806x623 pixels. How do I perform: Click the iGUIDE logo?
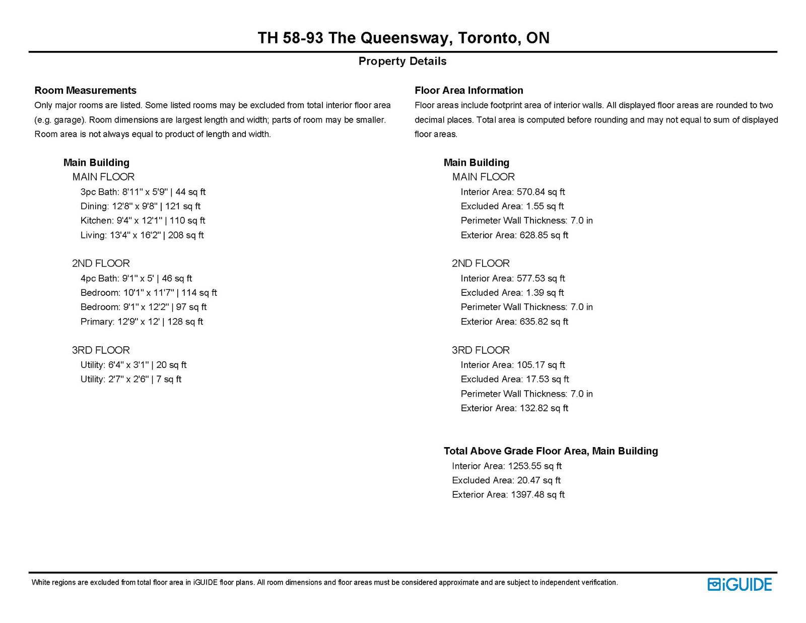(x=740, y=584)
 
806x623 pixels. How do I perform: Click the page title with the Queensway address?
(x=403, y=38)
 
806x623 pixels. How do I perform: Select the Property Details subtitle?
(x=402, y=61)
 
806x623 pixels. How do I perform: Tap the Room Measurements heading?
(x=85, y=90)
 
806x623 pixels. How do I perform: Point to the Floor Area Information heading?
(x=468, y=90)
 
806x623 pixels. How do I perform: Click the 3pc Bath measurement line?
(x=143, y=192)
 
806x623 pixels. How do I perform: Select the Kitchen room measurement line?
(x=143, y=220)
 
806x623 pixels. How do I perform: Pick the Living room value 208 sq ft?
(x=186, y=235)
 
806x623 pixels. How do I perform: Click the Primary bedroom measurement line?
(x=142, y=322)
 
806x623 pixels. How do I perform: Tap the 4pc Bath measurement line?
(x=136, y=278)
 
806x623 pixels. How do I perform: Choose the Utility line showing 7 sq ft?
(x=131, y=379)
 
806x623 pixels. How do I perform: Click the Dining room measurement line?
(x=141, y=206)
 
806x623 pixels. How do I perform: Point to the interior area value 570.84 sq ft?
(x=541, y=192)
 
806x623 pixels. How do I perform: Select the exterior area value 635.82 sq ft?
(x=544, y=322)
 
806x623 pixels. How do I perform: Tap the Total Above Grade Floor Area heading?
(x=551, y=451)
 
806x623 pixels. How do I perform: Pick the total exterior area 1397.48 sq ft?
(x=538, y=494)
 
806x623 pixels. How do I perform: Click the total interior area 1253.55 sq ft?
(x=534, y=466)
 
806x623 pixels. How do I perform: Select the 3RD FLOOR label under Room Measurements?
(x=101, y=350)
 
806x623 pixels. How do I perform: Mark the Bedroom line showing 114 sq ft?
(x=149, y=293)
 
